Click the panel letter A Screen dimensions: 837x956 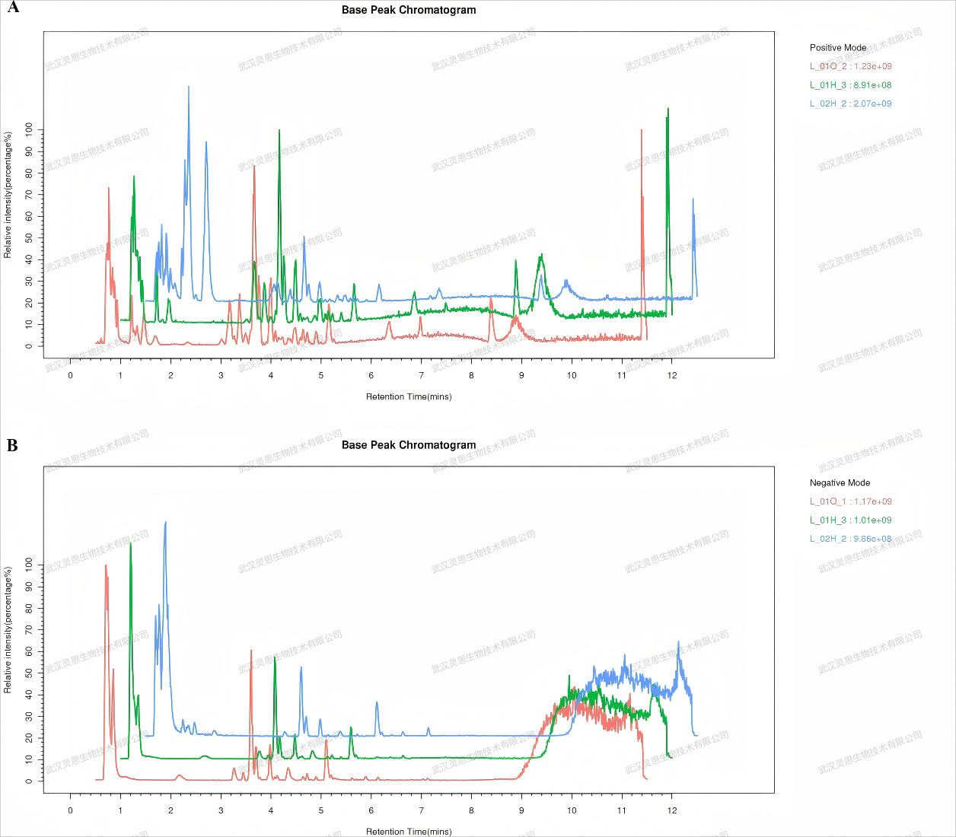coord(13,8)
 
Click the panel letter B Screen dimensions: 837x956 coord(12,445)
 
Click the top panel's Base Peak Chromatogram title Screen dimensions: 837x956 coord(409,10)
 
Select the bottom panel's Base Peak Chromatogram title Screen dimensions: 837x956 coord(409,445)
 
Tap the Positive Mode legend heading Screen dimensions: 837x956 coord(838,47)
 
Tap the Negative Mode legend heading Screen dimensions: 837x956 coord(840,482)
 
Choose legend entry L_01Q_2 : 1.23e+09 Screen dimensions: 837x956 coord(850,66)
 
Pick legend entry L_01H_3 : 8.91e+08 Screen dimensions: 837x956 coord(850,85)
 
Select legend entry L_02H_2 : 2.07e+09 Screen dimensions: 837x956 coord(850,103)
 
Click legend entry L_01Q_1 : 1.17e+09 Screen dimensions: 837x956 coord(850,501)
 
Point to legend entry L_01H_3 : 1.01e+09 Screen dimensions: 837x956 coord(850,520)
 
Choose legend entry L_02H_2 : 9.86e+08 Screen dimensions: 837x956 coord(850,539)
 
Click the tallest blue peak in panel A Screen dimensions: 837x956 coord(189,88)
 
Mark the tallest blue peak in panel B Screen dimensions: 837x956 coord(165,524)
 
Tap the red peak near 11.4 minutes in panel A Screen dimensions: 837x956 coord(642,132)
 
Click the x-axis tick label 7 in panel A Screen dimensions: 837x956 coord(422,375)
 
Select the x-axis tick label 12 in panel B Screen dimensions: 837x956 coord(672,810)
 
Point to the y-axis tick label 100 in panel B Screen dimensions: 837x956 coord(29,565)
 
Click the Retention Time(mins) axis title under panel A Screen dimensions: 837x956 coord(409,396)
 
